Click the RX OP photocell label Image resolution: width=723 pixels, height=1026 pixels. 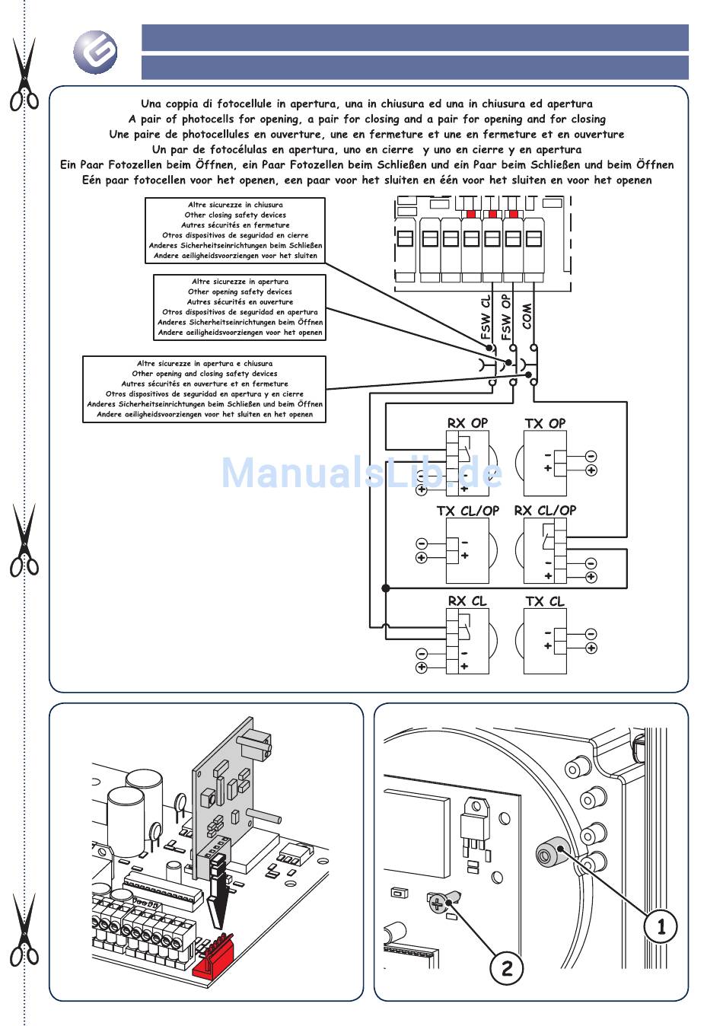pyautogui.click(x=467, y=423)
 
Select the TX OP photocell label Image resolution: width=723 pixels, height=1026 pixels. pyautogui.click(x=545, y=423)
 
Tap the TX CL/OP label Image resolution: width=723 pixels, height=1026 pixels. pyautogui.click(x=467, y=511)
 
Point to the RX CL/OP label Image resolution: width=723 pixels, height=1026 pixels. pyautogui.click(x=545, y=511)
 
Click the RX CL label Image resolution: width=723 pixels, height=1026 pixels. pyautogui.click(x=467, y=601)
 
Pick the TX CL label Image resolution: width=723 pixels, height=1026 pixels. pyautogui.click(x=545, y=601)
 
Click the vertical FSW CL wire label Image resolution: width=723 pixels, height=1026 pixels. pyautogui.click(x=486, y=317)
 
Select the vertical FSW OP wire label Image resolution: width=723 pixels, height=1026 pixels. pyautogui.click(x=506, y=317)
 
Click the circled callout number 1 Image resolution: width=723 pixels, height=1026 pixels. pyautogui.click(x=660, y=926)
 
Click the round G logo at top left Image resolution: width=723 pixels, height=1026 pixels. pyautogui.click(x=95, y=52)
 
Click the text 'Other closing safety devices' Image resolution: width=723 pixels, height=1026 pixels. pyautogui.click(x=235, y=215)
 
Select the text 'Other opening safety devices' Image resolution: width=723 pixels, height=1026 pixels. pyautogui.click(x=240, y=292)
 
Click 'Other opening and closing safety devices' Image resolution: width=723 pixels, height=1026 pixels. pyautogui.click(x=205, y=374)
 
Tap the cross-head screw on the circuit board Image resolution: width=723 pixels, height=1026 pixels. pyautogui.click(x=438, y=903)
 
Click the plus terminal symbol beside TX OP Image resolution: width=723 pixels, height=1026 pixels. pyautogui.click(x=591, y=470)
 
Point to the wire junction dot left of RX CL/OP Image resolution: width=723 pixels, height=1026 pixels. pyautogui.click(x=386, y=588)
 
